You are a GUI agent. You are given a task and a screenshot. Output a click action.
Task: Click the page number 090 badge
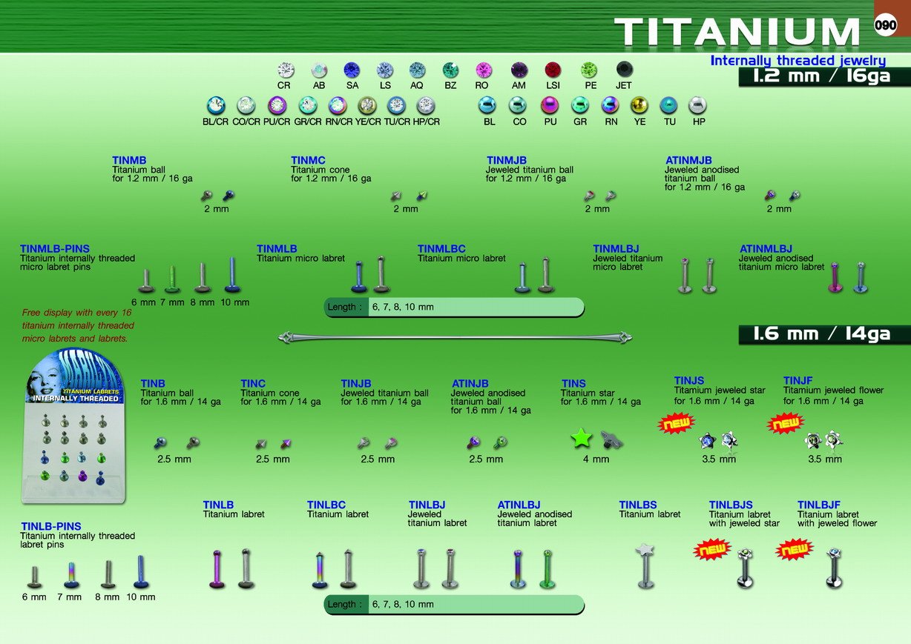click(x=885, y=24)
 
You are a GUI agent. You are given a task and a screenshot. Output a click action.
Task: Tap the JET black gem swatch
click(x=625, y=70)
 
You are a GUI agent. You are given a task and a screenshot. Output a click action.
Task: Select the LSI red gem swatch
click(x=553, y=70)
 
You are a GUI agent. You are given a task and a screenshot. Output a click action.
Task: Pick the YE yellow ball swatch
click(x=639, y=105)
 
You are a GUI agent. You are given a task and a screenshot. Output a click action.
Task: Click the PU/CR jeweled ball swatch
click(x=277, y=106)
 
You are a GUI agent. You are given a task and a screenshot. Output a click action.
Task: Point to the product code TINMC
click(x=308, y=160)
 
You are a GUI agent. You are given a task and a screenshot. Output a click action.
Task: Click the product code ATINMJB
click(x=688, y=160)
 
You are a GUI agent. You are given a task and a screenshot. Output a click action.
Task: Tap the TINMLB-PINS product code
click(x=55, y=249)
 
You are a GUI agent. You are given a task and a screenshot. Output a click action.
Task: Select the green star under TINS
click(x=581, y=438)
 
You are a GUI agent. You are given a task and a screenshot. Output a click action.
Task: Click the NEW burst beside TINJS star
click(x=676, y=423)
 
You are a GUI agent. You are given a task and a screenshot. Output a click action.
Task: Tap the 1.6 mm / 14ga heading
click(x=821, y=334)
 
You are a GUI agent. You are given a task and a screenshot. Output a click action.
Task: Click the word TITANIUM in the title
click(x=737, y=31)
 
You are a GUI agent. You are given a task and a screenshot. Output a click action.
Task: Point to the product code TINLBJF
click(x=819, y=505)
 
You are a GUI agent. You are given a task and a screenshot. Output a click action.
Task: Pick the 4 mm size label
click(x=596, y=459)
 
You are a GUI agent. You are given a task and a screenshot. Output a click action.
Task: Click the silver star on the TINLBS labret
click(x=645, y=550)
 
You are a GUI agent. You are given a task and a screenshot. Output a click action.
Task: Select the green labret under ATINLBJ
click(x=547, y=568)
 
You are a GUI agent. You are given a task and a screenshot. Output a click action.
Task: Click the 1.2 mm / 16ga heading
click(x=821, y=76)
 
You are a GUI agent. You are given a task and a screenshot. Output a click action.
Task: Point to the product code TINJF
click(x=798, y=380)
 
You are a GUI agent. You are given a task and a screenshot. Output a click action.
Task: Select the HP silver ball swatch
click(x=697, y=105)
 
